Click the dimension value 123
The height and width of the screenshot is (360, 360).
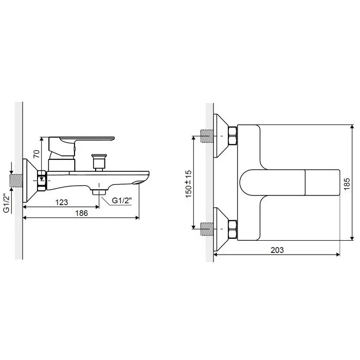pyautogui.click(x=62, y=202)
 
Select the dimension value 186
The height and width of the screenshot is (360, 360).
pyautogui.click(x=81, y=213)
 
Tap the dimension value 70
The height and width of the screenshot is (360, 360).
pyautogui.click(x=37, y=154)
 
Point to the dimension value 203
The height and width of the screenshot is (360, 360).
pyautogui.click(x=277, y=250)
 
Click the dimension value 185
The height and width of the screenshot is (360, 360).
pyautogui.click(x=347, y=184)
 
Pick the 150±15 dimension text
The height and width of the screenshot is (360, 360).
pyautogui.click(x=189, y=184)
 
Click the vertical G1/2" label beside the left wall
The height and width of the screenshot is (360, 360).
pyautogui.click(x=6, y=203)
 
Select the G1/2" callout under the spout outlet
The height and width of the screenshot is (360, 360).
pyautogui.click(x=122, y=200)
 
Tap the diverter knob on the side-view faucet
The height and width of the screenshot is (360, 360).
pyautogui.click(x=99, y=163)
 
